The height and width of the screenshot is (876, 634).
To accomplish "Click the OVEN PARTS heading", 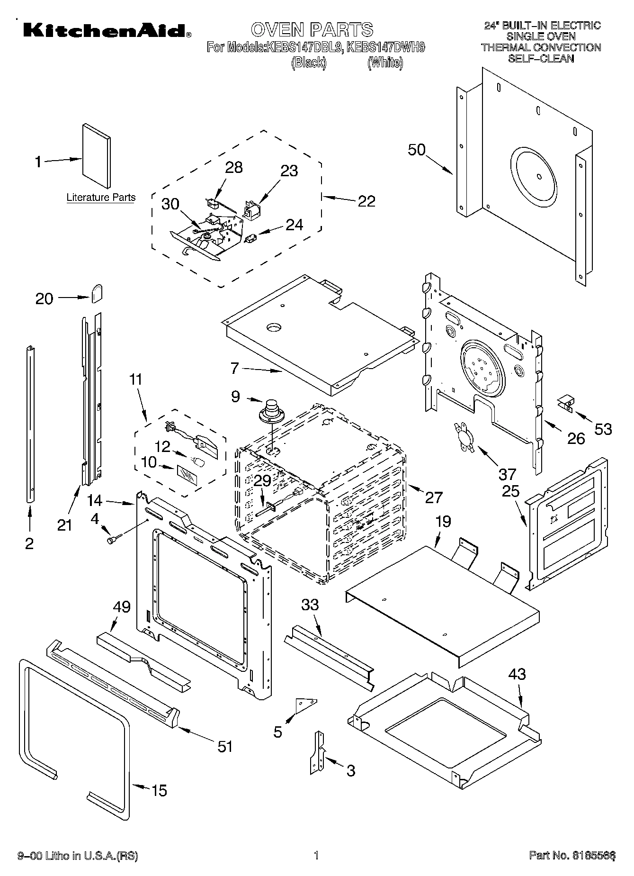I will (x=312, y=29).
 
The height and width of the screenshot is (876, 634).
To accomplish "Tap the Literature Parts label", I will (x=101, y=198).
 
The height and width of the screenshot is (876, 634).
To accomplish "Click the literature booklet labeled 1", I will (x=97, y=157).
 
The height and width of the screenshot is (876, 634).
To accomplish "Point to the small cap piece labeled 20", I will (x=97, y=293).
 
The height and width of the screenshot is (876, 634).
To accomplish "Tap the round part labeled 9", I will (x=271, y=411).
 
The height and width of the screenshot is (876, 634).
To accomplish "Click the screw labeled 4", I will (x=114, y=539).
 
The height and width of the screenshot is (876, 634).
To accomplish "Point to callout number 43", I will (x=517, y=674).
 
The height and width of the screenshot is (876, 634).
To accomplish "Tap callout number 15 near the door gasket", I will (x=159, y=790).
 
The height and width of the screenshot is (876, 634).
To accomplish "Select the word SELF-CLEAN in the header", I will (x=541, y=59).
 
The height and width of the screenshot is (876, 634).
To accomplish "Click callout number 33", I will (x=310, y=605).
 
